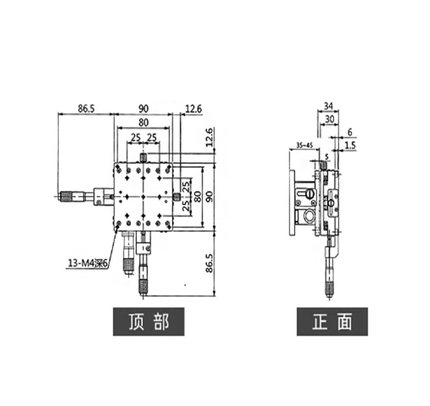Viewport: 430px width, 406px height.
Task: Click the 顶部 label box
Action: pos(149,322)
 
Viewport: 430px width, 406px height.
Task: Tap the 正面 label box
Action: pos(332,322)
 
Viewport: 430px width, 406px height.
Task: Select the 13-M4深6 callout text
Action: pos(87,263)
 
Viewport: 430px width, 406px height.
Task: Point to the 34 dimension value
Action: pos(328,105)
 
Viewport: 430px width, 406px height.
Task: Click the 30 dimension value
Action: pos(329,119)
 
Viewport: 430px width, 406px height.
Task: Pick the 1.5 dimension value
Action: pos(350,145)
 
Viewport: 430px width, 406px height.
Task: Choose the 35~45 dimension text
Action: pos(304,145)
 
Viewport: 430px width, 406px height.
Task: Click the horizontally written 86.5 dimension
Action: pos(86,108)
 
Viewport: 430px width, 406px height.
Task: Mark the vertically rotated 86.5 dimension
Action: pos(209,263)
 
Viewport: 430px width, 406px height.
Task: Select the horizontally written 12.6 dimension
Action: pos(193,109)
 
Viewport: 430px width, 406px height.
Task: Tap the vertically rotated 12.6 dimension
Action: pos(209,137)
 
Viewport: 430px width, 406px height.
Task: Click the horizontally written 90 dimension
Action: pos(143,108)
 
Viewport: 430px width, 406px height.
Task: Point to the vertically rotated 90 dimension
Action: pos(209,197)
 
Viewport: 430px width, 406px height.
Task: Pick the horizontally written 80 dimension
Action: pos(144,122)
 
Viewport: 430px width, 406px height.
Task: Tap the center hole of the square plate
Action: pos(143,197)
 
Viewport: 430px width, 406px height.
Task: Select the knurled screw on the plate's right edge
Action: pos(177,197)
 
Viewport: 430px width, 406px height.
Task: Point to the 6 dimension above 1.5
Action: pos(350,132)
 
